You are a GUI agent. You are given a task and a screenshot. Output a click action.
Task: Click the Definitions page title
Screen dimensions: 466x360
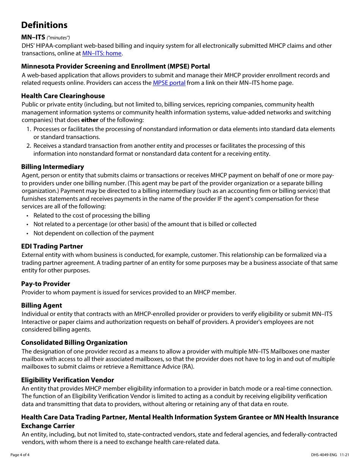(x=44, y=25)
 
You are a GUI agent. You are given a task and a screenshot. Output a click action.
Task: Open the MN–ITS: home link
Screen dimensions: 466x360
(x=102, y=53)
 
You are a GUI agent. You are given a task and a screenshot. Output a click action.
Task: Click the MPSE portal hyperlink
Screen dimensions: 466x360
(x=169, y=83)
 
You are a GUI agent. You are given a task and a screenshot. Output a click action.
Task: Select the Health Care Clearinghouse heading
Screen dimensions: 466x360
(x=63, y=96)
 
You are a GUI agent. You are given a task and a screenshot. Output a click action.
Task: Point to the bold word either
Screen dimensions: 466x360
(x=89, y=120)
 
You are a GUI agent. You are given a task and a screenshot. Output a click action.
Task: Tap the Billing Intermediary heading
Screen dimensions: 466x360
(x=52, y=167)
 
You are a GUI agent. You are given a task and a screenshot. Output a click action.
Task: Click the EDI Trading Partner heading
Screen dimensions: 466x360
(x=52, y=246)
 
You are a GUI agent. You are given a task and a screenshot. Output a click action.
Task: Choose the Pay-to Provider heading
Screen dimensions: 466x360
(x=45, y=284)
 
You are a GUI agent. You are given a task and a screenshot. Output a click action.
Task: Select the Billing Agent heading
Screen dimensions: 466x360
(x=41, y=305)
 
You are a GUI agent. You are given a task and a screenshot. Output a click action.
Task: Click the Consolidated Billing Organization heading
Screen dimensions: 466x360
(x=74, y=342)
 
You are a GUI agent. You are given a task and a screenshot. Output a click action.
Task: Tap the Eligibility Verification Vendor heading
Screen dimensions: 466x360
(x=67, y=380)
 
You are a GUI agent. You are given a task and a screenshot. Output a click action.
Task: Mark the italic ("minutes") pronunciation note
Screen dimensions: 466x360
(x=58, y=38)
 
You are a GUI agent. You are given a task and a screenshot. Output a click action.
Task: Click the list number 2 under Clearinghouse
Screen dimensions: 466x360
(x=28, y=146)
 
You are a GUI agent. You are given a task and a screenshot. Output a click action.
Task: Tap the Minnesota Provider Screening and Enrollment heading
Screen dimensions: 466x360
(x=115, y=66)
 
